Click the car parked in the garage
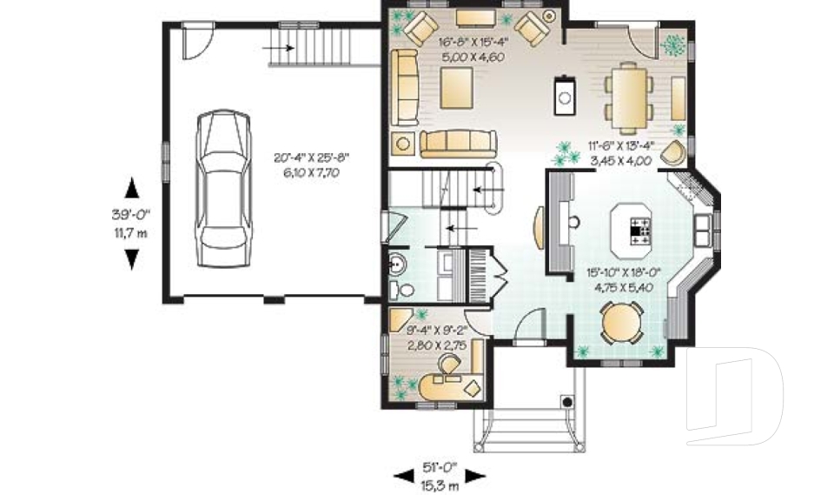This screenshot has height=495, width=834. pyautogui.click(x=223, y=188)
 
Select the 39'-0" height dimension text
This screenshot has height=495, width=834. pyautogui.click(x=131, y=215)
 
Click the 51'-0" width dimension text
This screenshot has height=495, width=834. pyautogui.click(x=440, y=467)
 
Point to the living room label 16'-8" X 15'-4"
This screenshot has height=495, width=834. pyautogui.click(x=473, y=42)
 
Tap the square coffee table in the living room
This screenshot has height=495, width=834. pyautogui.click(x=456, y=89)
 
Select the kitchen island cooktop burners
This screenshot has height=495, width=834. pyautogui.click(x=641, y=231)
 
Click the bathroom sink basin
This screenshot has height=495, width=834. pyautogui.click(x=397, y=263)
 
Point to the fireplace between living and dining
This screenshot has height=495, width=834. pyautogui.click(x=565, y=96)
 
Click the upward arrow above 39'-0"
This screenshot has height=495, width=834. pyautogui.click(x=131, y=188)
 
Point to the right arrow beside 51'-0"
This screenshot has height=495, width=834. pyautogui.click(x=475, y=476)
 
